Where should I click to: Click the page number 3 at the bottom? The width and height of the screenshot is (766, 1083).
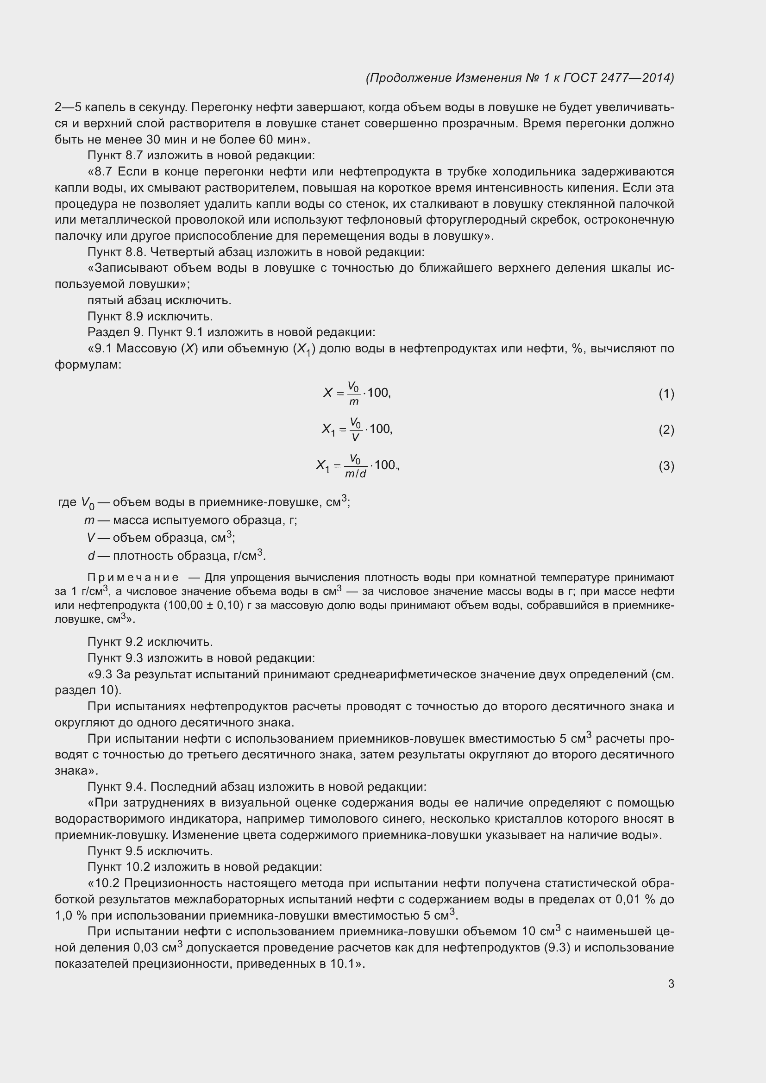pyautogui.click(x=671, y=984)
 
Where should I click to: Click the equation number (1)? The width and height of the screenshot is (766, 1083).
pyautogui.click(x=666, y=394)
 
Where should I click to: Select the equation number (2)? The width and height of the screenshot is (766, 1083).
pyautogui.click(x=666, y=430)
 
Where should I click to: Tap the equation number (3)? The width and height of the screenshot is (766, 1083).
pyautogui.click(x=666, y=466)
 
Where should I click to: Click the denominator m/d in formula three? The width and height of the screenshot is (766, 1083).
pyautogui.click(x=355, y=474)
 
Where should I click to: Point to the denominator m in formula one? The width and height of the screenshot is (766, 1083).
pyautogui.click(x=353, y=402)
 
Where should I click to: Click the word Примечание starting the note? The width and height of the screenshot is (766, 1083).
pyautogui.click(x=133, y=577)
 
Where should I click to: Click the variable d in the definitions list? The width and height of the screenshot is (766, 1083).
pyautogui.click(x=91, y=556)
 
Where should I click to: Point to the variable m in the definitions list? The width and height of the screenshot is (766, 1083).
pyautogui.click(x=89, y=520)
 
